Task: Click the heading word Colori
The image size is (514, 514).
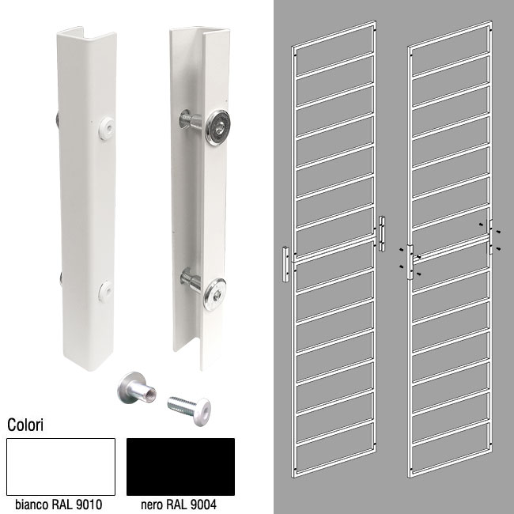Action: (x=25, y=425)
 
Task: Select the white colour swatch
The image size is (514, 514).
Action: (x=61, y=467)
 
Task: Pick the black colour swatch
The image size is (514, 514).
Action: (x=180, y=467)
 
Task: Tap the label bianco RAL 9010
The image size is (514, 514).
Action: (x=59, y=505)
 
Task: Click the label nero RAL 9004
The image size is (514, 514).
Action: (x=179, y=505)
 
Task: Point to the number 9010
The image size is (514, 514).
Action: (x=89, y=505)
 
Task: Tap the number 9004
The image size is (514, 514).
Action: (x=203, y=505)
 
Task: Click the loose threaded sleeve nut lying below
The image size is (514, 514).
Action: (x=136, y=387)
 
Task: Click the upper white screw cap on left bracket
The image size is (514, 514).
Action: (x=107, y=127)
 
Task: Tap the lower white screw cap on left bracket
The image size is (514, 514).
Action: (x=105, y=291)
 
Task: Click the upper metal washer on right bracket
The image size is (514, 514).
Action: (x=217, y=127)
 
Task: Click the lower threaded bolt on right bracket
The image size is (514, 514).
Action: (x=191, y=279)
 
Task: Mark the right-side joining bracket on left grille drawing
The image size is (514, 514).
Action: (x=382, y=233)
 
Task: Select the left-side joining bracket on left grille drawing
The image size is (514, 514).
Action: (x=285, y=264)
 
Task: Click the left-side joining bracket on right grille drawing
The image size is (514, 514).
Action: (x=410, y=262)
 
